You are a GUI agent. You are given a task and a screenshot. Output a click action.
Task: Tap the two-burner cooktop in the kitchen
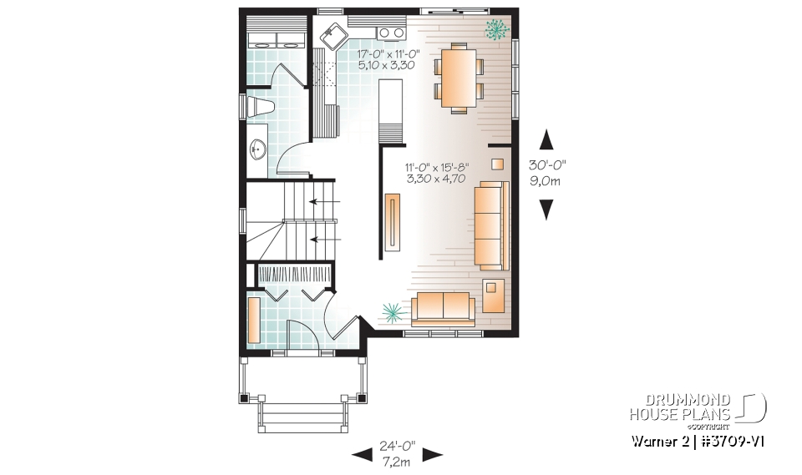[389, 33]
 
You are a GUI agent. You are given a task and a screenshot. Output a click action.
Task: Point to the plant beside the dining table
[498, 30]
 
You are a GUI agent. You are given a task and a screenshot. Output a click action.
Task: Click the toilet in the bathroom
[260, 107]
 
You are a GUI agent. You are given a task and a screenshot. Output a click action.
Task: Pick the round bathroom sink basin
[258, 150]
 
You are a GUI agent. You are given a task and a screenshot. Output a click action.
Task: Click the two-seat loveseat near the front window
[443, 309]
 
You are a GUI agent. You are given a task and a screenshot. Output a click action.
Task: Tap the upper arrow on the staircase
[319, 201]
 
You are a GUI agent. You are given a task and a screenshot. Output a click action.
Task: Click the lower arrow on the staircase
[319, 240]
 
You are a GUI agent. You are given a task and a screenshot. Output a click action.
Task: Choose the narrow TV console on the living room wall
[393, 221]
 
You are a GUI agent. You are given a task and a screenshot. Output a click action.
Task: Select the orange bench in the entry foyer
[255, 320]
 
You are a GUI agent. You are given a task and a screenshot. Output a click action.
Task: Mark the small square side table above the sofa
[497, 164]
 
